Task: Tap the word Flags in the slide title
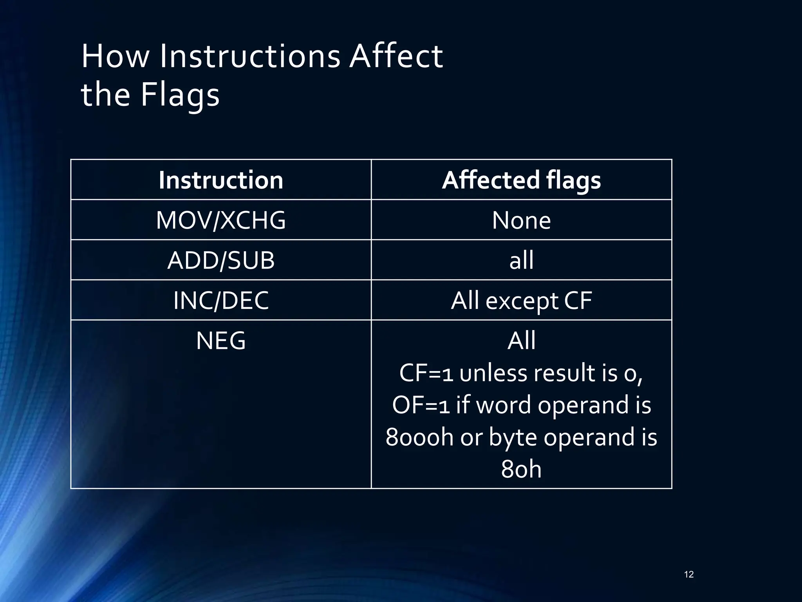(180, 95)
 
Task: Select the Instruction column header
(221, 180)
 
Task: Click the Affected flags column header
(521, 180)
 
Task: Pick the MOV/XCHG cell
(221, 220)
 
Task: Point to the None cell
(521, 220)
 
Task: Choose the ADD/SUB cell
(221, 260)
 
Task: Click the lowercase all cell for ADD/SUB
(521, 260)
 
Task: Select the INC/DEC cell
(221, 301)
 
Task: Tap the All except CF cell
(521, 301)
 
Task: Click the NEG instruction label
(221, 341)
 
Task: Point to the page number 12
(689, 575)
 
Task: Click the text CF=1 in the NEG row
(426, 373)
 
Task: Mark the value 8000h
(419, 437)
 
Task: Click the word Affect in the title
(396, 56)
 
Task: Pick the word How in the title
(115, 56)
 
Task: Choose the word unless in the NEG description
(494, 373)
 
